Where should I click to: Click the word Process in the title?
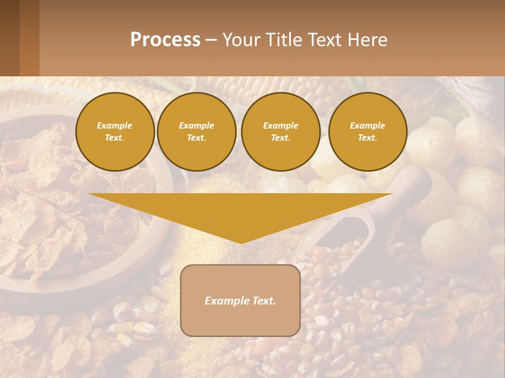pyautogui.click(x=165, y=40)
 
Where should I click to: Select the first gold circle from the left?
pyautogui.click(x=115, y=132)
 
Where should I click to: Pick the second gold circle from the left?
pyautogui.click(x=197, y=132)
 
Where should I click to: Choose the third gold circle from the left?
pyautogui.click(x=281, y=132)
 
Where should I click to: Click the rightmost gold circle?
pyautogui.click(x=368, y=132)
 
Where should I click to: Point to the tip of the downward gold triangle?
pyautogui.click(x=241, y=243)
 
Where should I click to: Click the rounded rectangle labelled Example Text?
pyautogui.click(x=240, y=300)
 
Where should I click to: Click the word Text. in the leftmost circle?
pyautogui.click(x=115, y=138)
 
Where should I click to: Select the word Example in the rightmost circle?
pyautogui.click(x=368, y=125)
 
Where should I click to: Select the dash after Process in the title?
pyautogui.click(x=211, y=40)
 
